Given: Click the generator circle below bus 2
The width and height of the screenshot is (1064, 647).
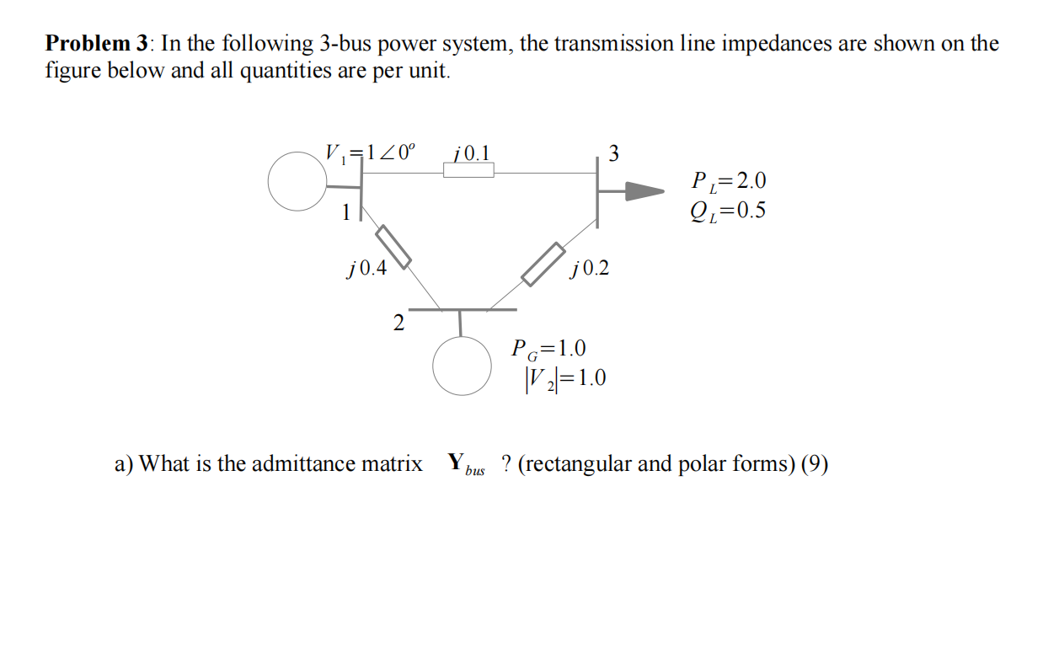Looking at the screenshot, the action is pyautogui.click(x=462, y=366).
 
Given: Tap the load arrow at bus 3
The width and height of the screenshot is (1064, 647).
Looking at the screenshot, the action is pyautogui.click(x=644, y=192).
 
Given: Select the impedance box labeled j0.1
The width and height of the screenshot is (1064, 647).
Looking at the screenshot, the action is pyautogui.click(x=468, y=170).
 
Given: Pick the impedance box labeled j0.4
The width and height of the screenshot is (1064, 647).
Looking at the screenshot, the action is pyautogui.click(x=393, y=246).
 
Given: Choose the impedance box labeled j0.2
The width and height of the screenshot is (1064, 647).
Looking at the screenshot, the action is pyautogui.click(x=543, y=264).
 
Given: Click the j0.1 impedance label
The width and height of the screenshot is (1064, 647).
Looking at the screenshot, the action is pyautogui.click(x=471, y=152).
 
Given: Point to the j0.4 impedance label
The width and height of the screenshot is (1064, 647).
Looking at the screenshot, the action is pyautogui.click(x=366, y=269).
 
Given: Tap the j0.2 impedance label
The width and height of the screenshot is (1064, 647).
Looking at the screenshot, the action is pyautogui.click(x=589, y=269).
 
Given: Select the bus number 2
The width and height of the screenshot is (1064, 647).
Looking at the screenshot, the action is pyautogui.click(x=398, y=323).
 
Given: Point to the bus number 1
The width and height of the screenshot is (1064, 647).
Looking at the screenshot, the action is pyautogui.click(x=345, y=213).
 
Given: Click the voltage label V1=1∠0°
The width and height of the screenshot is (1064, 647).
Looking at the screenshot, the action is pyautogui.click(x=370, y=153).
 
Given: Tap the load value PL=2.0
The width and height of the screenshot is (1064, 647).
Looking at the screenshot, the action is pyautogui.click(x=728, y=181).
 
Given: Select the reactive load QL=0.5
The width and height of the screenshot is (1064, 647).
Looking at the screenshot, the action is pyautogui.click(x=728, y=210).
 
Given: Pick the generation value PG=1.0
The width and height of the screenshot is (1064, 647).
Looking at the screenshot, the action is pyautogui.click(x=549, y=348).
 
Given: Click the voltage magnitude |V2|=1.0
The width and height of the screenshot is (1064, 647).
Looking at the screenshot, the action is pyautogui.click(x=564, y=378).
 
